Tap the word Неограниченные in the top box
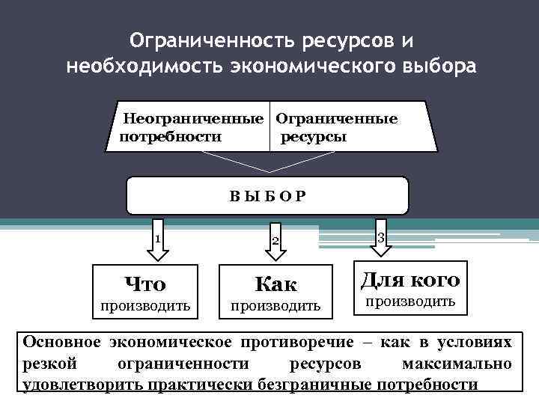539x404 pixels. pos(193,119)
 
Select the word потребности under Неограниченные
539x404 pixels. pos(170,137)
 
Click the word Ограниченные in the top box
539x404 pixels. pos(337,119)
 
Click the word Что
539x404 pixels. pos(145,284)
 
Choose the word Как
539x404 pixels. pos(275,284)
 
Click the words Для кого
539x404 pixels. pos(409,280)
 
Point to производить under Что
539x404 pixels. pos(145,305)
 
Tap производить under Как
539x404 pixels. pos(275,305)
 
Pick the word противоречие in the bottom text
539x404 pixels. pos(287,342)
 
